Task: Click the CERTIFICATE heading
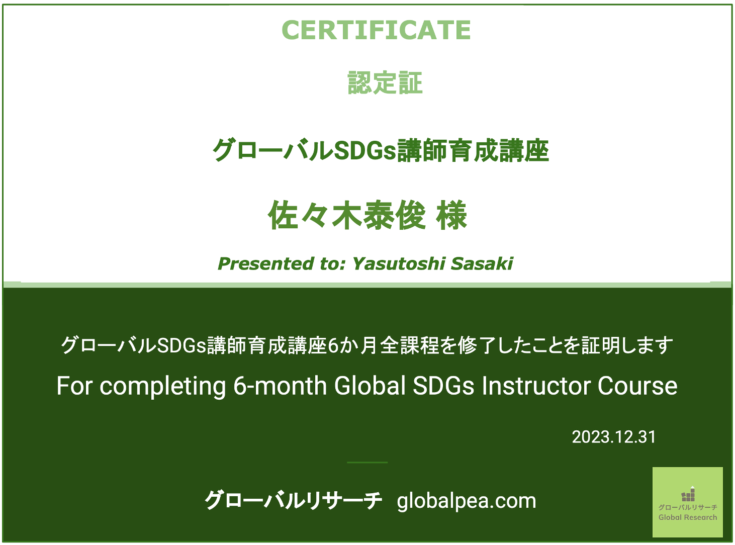point(376,30)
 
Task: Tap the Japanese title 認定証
point(385,82)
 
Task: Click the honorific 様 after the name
point(451,216)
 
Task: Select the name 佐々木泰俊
point(346,216)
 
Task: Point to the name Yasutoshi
point(398,263)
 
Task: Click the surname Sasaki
point(482,263)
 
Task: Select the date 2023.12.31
point(614,437)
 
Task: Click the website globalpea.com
point(466,500)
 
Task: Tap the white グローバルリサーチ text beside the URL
point(293,500)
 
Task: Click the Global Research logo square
point(687,502)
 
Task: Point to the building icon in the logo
point(688,494)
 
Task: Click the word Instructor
point(536,386)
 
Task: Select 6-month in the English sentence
point(280,386)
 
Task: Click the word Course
point(637,386)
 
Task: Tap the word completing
point(163,387)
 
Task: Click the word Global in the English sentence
point(370,386)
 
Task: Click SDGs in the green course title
point(365,150)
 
